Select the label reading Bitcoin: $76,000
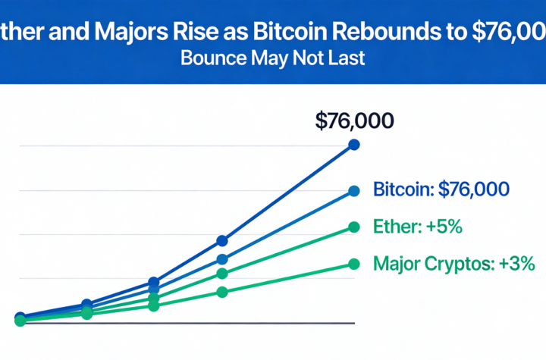441,189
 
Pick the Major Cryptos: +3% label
455,264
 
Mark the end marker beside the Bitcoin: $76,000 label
353,191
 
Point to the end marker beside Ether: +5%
353,227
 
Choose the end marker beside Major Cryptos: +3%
353,264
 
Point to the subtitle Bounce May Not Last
272,59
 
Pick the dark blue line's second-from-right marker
222,240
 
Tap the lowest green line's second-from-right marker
222,292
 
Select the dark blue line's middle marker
154,281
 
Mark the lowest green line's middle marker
154,305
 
